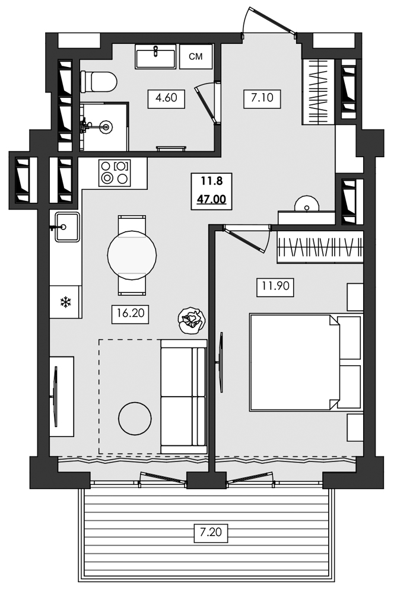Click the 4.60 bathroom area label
pos(167,97)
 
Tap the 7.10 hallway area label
pos(262,97)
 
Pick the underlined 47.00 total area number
pos(212,199)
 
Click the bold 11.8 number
pos(212,180)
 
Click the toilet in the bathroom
pos(99,81)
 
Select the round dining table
pos(132,255)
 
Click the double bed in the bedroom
pos(294,362)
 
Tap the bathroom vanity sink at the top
pos(155,58)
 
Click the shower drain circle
pos(107,126)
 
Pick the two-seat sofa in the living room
pos(183,396)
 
